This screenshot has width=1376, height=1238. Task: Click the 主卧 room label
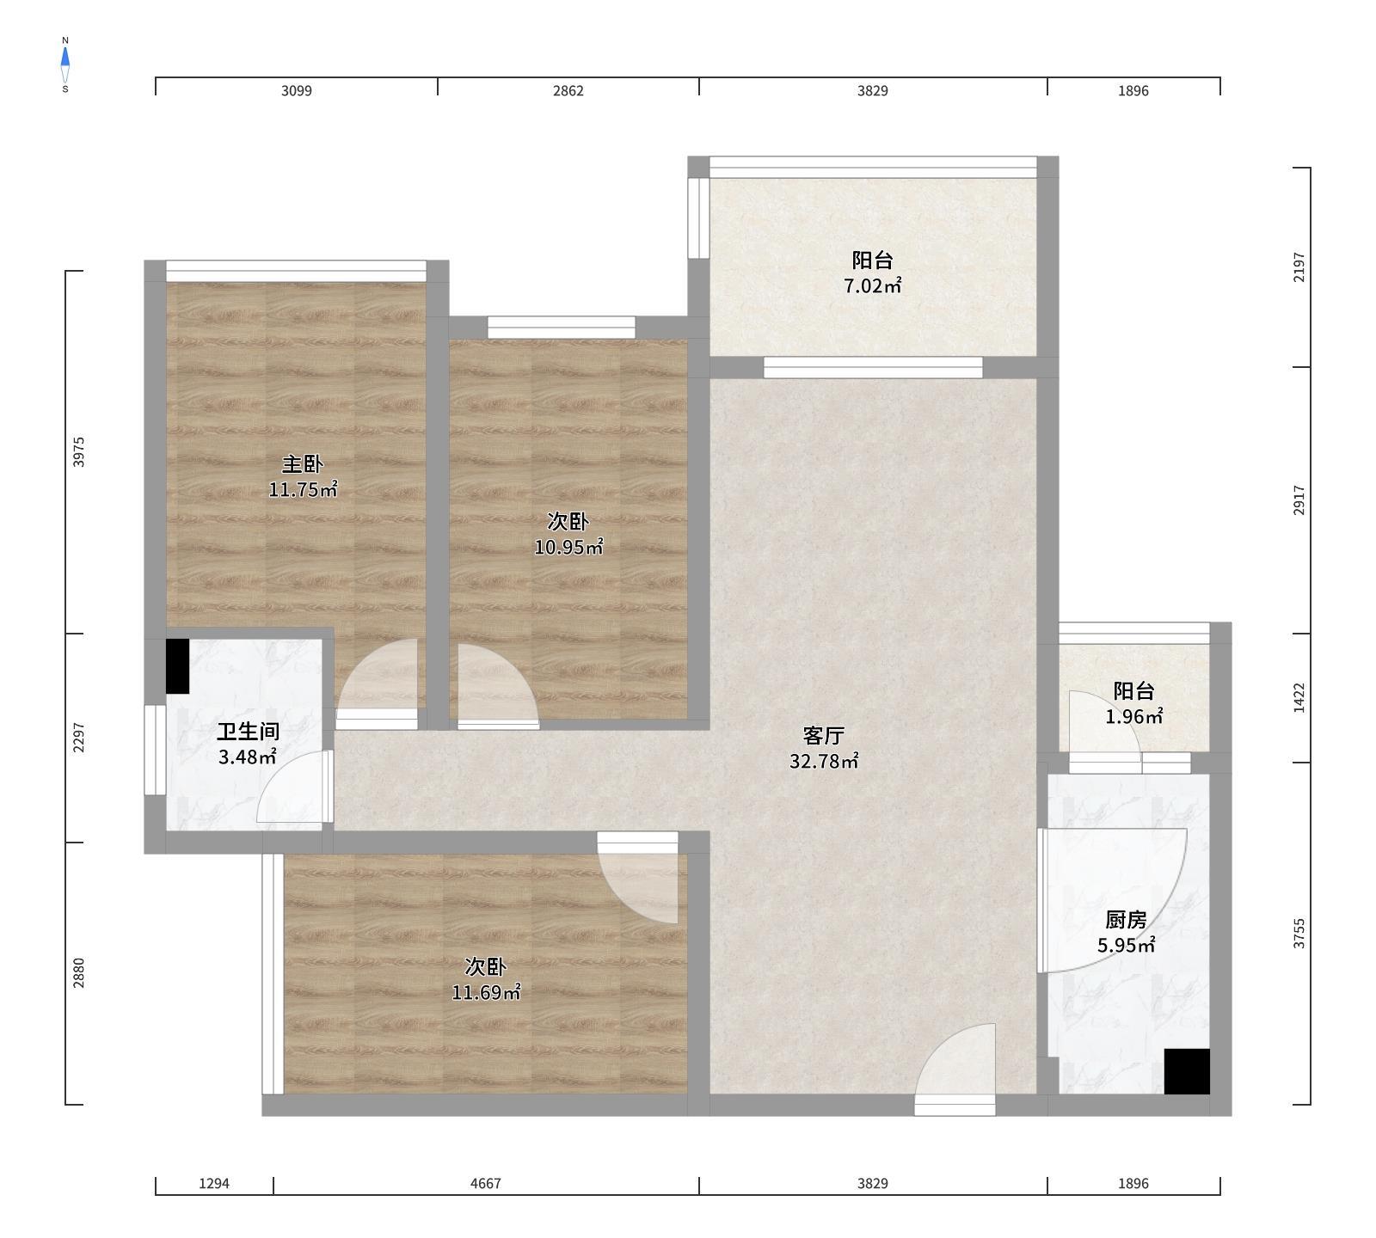tap(303, 464)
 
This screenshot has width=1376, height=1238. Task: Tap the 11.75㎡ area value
tap(303, 490)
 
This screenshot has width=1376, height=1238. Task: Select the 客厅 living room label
tap(823, 735)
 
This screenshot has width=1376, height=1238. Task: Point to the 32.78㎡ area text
tap(823, 761)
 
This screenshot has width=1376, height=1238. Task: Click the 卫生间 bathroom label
tap(248, 732)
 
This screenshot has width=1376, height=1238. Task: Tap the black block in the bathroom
tap(177, 666)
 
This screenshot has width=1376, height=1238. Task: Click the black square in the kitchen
tap(1187, 1071)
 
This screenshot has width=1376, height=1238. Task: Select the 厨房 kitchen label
tap(1126, 920)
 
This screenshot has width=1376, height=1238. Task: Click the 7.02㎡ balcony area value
tap(872, 286)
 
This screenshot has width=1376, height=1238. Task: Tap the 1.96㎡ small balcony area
tap(1133, 716)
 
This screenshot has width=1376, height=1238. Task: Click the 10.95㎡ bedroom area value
tap(568, 547)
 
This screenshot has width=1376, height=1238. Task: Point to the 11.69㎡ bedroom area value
tap(486, 992)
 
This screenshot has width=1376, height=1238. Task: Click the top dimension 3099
tap(297, 90)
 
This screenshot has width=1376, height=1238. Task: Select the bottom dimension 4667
tap(485, 1183)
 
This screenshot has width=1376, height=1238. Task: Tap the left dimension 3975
tap(79, 452)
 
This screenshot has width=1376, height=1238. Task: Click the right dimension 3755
tap(1299, 933)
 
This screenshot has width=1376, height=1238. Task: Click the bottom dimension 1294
tap(214, 1183)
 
